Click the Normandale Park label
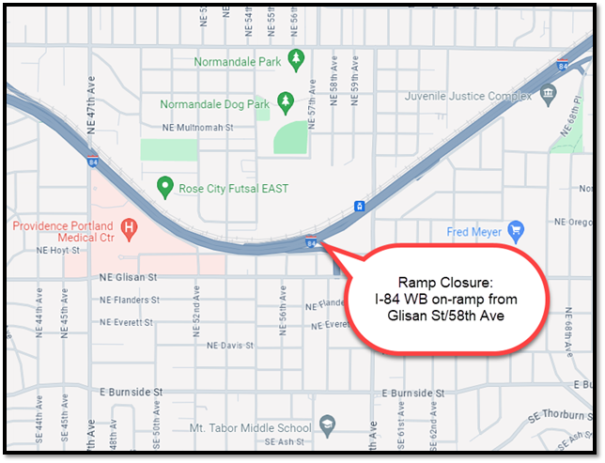coord(238,62)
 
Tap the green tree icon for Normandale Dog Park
coord(289,101)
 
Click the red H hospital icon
coord(130,227)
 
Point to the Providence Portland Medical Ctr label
coord(62,233)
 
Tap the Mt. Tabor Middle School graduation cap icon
coord(327,424)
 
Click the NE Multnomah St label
coord(196,126)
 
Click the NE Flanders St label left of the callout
coord(129,301)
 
